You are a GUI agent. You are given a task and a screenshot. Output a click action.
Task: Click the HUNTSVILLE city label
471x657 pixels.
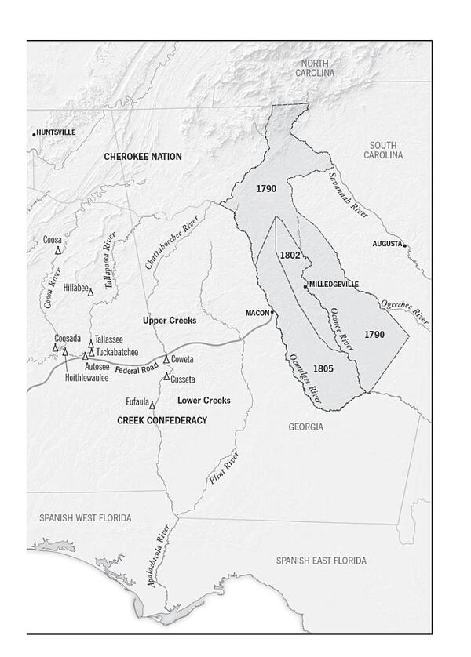coord(57,132)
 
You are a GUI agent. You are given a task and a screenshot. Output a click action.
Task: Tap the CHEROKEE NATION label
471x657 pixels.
coord(143,157)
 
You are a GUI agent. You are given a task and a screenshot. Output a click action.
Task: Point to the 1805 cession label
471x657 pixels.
coord(323,368)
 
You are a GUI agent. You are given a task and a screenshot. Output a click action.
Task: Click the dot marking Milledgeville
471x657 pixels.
coord(305,287)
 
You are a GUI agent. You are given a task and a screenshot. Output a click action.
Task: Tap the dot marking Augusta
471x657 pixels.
coord(405,245)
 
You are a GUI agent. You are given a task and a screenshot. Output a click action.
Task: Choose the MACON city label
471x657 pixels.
coord(257,313)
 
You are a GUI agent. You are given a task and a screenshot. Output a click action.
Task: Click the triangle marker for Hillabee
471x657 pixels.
coord(90,292)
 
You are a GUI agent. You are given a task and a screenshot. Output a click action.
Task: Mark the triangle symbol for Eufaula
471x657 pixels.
coord(152,405)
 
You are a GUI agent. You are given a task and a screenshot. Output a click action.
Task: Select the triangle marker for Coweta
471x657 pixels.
coord(166,359)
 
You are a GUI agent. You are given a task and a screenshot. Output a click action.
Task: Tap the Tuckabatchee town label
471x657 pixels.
coord(117,352)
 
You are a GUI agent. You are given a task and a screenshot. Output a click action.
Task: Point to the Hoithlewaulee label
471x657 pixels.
coord(82,377)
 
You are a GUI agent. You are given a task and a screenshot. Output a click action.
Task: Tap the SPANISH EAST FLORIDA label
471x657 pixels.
coord(320,561)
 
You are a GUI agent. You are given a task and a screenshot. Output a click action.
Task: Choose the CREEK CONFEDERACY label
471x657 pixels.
coord(162,420)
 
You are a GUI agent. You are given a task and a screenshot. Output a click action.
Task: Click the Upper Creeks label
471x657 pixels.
coord(169,321)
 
